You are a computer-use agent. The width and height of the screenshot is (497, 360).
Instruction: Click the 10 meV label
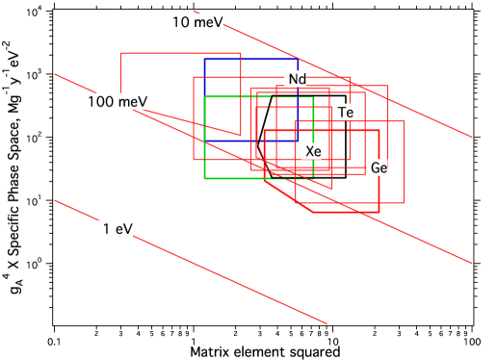pos(196,22)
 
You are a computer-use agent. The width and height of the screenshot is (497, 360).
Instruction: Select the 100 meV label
pos(116,101)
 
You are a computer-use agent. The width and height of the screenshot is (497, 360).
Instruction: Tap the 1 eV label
pos(116,228)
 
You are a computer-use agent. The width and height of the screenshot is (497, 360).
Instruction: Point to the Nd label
pos(296,79)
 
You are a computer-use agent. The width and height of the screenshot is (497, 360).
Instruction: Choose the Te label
pos(344,113)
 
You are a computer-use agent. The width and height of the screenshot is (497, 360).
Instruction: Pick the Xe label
pos(311,151)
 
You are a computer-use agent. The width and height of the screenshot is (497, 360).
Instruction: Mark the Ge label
pos(379,167)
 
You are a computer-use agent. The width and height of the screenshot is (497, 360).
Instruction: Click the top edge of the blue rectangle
pos(250,60)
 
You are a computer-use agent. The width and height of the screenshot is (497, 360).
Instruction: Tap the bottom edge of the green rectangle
pos(258,178)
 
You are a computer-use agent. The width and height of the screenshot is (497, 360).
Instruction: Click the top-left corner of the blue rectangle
pos(204,60)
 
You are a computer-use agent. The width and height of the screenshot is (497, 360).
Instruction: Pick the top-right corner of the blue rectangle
pos(299,60)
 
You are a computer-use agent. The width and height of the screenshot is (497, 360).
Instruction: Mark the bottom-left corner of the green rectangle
pos(204,178)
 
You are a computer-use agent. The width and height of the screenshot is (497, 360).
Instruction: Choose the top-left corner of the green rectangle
pos(204,97)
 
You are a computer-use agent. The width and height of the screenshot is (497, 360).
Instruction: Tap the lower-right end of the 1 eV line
pos(327,323)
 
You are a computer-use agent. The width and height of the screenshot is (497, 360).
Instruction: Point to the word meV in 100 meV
pos(132,101)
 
